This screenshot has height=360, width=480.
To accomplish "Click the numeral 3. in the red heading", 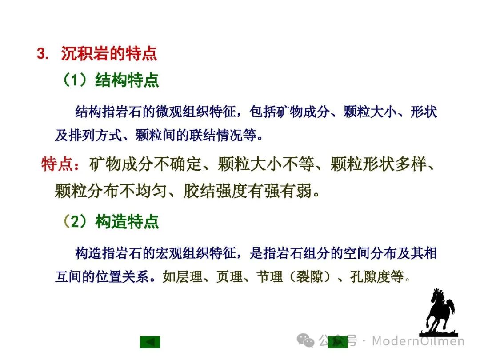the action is [43, 54].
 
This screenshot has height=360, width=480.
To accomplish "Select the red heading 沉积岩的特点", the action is [109, 54].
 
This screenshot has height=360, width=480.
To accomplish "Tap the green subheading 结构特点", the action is [127, 80].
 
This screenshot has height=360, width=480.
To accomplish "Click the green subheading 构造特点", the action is [127, 221].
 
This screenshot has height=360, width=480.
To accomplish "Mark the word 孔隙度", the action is [377, 277].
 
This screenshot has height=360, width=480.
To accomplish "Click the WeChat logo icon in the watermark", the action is [305, 340].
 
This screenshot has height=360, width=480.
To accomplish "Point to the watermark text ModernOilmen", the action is [418, 341].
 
